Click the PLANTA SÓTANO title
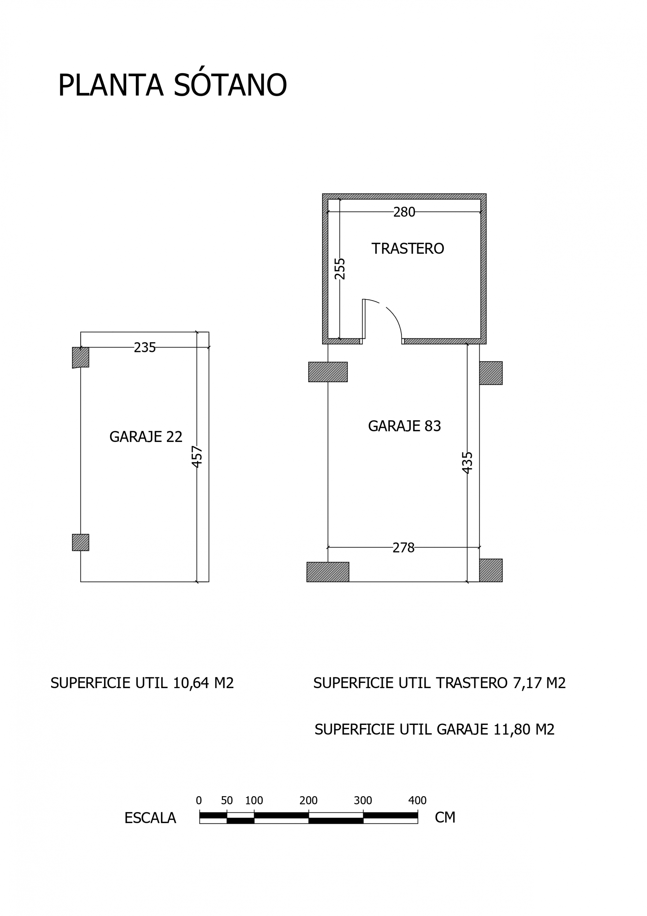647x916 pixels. [x=172, y=85]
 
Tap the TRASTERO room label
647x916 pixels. [x=408, y=249]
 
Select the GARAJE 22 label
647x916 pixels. [x=145, y=437]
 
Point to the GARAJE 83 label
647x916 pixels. [x=404, y=426]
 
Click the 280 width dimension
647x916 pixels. [x=404, y=212]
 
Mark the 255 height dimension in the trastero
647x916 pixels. [x=340, y=269]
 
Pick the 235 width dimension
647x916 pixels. [x=144, y=347]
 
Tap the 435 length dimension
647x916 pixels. [x=467, y=462]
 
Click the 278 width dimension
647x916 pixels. [x=404, y=548]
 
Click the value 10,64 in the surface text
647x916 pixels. [x=191, y=683]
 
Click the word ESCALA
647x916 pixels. [x=150, y=818]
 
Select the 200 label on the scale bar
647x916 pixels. [x=308, y=800]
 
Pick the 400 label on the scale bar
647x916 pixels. [x=417, y=800]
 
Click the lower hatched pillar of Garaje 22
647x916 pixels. [x=80, y=542]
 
